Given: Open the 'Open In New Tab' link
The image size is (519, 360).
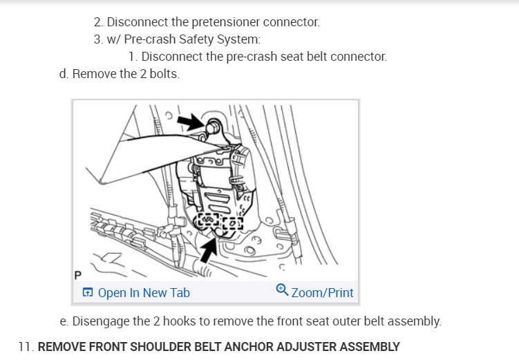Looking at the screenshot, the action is (x=144, y=293).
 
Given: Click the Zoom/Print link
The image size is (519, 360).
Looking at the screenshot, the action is (x=322, y=293).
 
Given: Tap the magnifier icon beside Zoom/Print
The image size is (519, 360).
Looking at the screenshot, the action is (x=282, y=291).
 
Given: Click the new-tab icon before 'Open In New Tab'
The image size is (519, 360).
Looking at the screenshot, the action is (x=88, y=293).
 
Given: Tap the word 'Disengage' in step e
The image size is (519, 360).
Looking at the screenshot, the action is (x=100, y=321).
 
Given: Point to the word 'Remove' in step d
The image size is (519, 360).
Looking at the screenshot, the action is (x=93, y=74).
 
